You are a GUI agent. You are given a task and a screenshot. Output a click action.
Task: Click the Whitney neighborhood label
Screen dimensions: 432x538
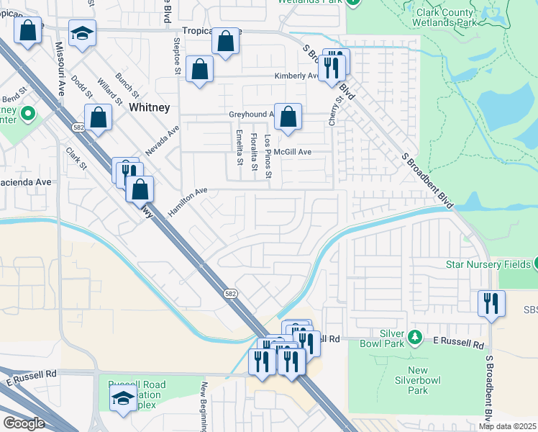[150, 107]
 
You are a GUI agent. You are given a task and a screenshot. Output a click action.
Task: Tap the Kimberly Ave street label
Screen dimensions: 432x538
[296, 76]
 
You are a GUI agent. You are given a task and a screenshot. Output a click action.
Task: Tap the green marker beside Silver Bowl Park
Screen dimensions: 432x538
[414, 337]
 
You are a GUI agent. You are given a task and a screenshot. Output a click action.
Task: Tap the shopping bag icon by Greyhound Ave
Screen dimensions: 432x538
[288, 117]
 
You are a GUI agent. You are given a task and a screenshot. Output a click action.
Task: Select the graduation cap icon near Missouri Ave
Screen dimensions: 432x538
[82, 34]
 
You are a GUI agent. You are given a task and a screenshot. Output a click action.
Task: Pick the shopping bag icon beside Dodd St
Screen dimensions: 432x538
[98, 117]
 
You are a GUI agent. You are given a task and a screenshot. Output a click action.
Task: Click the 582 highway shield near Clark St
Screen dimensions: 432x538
[78, 127]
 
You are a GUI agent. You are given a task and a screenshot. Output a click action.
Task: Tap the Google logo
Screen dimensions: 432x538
[24, 423]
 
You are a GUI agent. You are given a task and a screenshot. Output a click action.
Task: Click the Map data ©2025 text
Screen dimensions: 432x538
[507, 426]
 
